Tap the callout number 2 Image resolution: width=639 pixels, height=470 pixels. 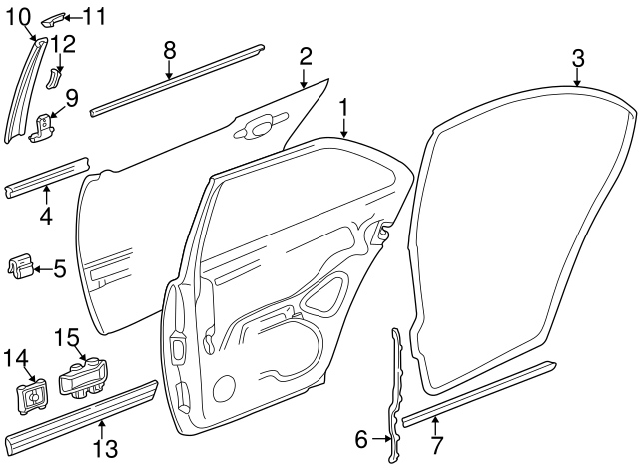coord(307,56)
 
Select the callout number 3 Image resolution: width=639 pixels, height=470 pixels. coord(578,57)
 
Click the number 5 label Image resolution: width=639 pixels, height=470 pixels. coord(59,267)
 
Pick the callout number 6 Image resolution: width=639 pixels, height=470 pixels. coord(362,436)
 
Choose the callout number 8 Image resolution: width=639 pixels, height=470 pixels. coord(169,48)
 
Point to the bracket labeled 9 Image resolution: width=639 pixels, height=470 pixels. coord(44,128)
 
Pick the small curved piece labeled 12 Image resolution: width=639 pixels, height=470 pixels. coord(55,78)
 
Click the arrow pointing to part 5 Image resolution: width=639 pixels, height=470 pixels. coord(41,267)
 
